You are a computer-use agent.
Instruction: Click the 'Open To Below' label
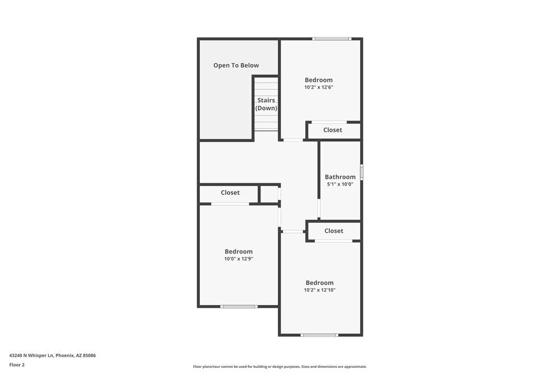(x=236, y=66)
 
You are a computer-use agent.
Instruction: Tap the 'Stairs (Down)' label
(x=266, y=104)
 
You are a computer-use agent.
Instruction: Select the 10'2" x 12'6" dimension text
(x=319, y=87)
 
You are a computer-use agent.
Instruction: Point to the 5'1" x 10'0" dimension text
(x=340, y=184)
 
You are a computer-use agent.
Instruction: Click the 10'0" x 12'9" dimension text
(x=239, y=259)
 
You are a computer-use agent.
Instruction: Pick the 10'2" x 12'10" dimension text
(x=319, y=290)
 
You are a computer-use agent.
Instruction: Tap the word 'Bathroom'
(x=340, y=177)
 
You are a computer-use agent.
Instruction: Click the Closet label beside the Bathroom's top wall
(x=333, y=130)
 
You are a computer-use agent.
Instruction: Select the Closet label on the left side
(x=230, y=193)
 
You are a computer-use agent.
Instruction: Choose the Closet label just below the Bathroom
(x=334, y=231)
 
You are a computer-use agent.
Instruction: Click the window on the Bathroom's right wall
(x=361, y=172)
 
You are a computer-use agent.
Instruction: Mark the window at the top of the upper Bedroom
(x=332, y=39)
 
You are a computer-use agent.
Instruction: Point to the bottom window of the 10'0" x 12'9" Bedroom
(x=239, y=307)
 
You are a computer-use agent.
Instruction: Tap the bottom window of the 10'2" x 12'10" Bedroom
(x=319, y=335)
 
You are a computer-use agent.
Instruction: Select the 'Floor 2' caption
(x=17, y=364)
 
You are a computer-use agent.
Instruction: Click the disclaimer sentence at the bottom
(x=280, y=367)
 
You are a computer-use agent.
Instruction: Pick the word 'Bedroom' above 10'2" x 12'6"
(x=319, y=80)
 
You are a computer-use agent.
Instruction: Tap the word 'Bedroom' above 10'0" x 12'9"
(x=239, y=252)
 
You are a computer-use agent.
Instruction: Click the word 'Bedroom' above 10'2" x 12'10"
(x=319, y=283)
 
